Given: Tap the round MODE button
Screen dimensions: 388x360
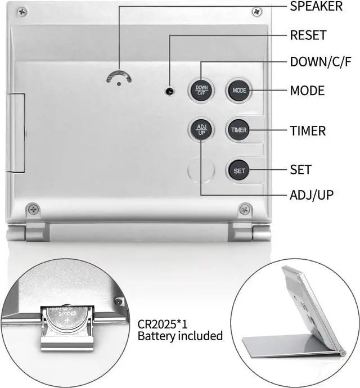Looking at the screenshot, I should coord(239,90).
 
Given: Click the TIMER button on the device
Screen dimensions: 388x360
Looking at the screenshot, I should coord(238,130).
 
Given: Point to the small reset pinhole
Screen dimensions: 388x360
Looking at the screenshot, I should coord(168,91).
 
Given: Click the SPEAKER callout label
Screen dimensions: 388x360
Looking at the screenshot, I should coord(316,7).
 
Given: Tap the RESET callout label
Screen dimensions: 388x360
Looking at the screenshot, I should coord(308,35).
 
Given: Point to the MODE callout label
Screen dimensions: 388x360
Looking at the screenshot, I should coord(307,91).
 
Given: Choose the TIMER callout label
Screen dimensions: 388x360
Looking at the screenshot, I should coord(308,131).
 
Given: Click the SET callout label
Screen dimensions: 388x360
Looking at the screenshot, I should coord(300,169).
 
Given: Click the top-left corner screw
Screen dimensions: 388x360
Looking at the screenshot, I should coord(22,11).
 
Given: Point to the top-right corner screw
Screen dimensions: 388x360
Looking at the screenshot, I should coord(256,11).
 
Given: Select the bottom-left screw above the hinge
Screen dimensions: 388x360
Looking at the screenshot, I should coord(34,210).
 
